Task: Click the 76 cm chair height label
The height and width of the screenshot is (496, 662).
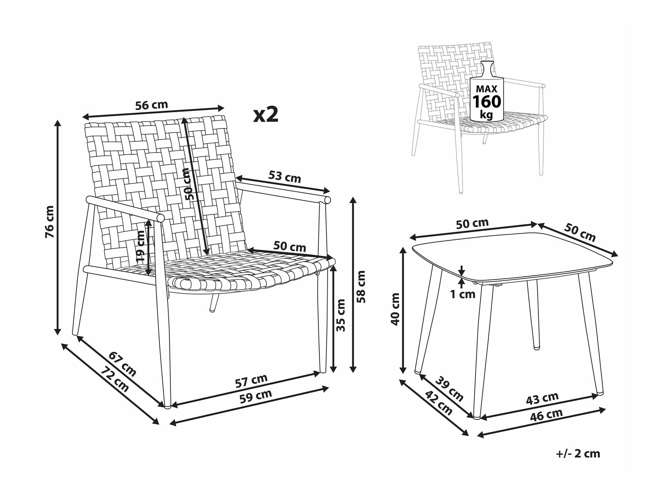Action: point(49,222)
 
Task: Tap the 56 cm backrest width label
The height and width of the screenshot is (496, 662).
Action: point(152,105)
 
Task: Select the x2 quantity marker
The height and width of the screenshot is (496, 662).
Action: point(266,115)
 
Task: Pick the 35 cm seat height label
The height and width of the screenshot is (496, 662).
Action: point(341,315)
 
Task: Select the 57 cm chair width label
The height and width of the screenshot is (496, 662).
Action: point(251,381)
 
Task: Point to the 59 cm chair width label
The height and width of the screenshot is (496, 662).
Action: point(256,396)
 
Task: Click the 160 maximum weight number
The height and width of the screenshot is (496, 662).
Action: point(487,102)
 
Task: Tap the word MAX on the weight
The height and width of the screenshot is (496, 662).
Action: point(486,89)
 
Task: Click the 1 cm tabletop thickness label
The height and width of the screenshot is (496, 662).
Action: point(463,294)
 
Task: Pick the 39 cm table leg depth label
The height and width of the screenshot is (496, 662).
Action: point(449,389)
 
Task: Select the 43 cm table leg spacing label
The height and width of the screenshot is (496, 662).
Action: point(542,398)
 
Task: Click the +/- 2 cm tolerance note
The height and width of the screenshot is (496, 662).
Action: point(578,453)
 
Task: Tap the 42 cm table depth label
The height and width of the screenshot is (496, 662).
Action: point(438,403)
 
